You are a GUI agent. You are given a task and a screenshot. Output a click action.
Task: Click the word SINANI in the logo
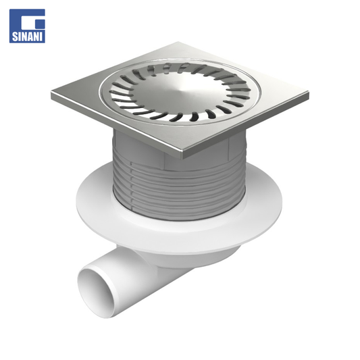click(27, 36)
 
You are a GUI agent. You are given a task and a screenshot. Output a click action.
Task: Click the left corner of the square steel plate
click(52, 93)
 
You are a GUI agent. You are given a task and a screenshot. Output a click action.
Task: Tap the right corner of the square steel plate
click(309, 95)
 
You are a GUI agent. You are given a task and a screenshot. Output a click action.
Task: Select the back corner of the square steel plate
click(178, 43)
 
